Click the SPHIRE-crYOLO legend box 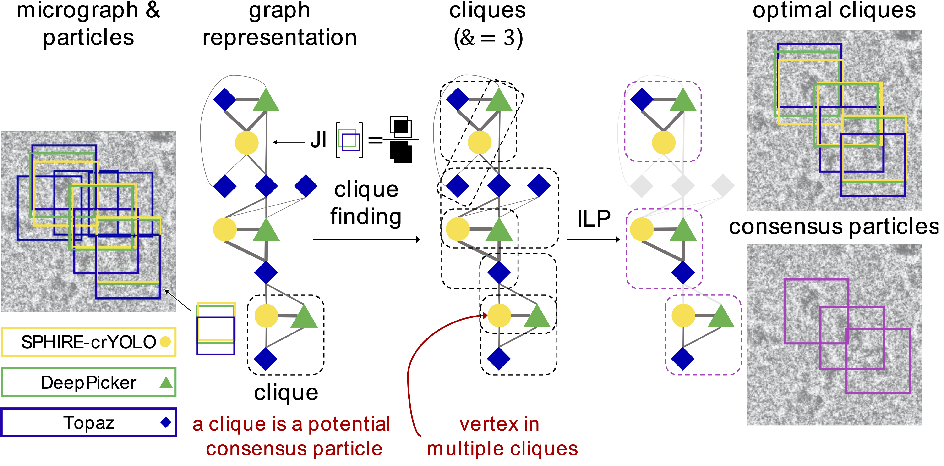point(89,342)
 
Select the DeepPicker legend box point(89,383)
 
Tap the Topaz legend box point(89,422)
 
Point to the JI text point(318,140)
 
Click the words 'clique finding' point(366,203)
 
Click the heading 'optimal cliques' point(834,10)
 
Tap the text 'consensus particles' point(834,227)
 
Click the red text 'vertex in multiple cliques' point(502,436)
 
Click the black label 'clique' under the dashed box point(286,393)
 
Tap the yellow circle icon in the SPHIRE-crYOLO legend point(165,342)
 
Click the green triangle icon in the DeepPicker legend point(166,383)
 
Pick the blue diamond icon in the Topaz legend point(166,422)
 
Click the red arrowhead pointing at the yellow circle point(485,315)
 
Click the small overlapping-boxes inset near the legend point(216,328)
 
